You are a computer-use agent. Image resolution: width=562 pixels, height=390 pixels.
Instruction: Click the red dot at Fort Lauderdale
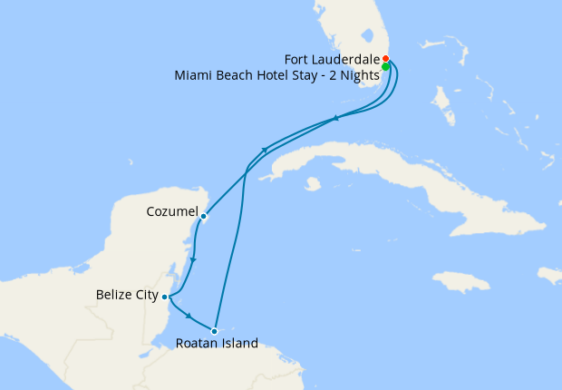(385, 59)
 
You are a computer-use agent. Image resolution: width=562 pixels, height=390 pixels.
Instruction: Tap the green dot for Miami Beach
(385, 67)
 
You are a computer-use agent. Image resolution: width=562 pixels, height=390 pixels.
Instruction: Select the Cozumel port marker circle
(204, 216)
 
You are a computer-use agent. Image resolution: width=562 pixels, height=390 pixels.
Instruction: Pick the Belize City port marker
(164, 296)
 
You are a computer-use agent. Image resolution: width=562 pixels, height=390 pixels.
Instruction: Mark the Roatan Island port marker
(214, 331)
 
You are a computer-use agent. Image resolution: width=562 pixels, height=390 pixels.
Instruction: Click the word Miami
(191, 75)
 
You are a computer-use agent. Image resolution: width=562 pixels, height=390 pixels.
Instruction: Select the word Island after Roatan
(239, 344)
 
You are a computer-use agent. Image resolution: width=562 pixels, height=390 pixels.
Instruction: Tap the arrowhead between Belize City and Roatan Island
(188, 316)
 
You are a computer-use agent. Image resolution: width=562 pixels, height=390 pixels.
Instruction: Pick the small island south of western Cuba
(313, 184)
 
